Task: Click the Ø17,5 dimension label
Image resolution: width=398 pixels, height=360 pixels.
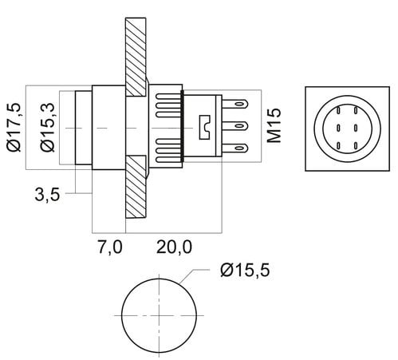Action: pyautogui.click(x=14, y=127)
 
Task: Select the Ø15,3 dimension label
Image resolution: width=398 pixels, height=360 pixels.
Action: pyautogui.click(x=47, y=127)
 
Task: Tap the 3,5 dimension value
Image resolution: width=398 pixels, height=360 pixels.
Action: pyautogui.click(x=47, y=195)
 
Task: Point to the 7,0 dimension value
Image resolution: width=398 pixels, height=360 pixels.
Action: pyautogui.click(x=110, y=247)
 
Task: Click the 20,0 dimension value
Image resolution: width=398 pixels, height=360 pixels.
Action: pyautogui.click(x=174, y=247)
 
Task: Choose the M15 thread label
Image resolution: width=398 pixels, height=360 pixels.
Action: pyautogui.click(x=274, y=125)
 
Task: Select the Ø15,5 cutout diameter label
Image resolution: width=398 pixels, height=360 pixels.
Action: pyautogui.click(x=245, y=270)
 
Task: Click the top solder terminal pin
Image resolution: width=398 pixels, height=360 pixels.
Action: pyautogui.click(x=235, y=103)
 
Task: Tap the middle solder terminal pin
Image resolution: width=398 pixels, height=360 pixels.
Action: pyautogui.click(x=235, y=125)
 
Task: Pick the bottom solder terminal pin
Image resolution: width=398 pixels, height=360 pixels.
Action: pyautogui.click(x=235, y=148)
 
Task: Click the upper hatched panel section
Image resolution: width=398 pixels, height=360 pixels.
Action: pyautogui.click(x=136, y=57)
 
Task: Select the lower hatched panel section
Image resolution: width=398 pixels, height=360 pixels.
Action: pyautogui.click(x=136, y=187)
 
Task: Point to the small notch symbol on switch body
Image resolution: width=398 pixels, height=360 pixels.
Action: pyautogui.click(x=205, y=127)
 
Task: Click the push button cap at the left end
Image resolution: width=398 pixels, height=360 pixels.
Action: pyautogui.click(x=84, y=128)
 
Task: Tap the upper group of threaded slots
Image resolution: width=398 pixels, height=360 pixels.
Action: pyautogui.click(x=168, y=105)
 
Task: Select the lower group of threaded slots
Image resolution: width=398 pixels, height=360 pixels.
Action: pyautogui.click(x=168, y=150)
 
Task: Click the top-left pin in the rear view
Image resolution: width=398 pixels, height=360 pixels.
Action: pyautogui.click(x=339, y=110)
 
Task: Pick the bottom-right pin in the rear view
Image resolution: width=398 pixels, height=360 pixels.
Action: pyautogui.click(x=356, y=145)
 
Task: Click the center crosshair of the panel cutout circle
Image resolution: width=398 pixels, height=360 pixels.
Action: pyautogui.click(x=159, y=315)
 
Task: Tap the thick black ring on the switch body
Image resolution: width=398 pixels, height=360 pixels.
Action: pyautogui.click(x=182, y=126)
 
